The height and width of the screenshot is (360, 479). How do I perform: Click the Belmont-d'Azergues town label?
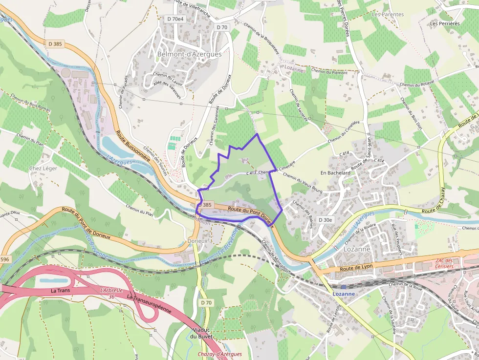coord(189,54)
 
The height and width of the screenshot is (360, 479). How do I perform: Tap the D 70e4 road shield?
coord(175,19)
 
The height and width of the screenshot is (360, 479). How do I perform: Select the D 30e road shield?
coord(326,220)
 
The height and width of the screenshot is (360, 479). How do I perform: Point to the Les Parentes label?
coord(388,15)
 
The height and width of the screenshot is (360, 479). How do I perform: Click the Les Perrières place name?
coord(445,23)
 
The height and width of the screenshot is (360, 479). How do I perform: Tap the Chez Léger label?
coord(43,169)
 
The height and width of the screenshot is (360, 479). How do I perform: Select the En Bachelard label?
coord(335,173)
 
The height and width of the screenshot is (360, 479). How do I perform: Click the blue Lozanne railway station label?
coord(344,294)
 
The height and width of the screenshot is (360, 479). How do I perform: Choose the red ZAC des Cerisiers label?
coord(444,263)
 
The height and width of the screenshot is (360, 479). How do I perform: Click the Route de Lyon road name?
coord(356,268)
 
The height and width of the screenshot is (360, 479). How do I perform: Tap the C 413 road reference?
coord(251,173)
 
